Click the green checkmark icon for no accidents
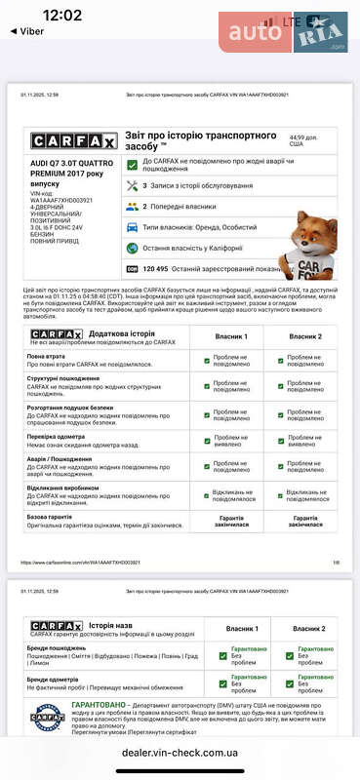pos(132,164)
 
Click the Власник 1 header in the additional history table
pos(231,335)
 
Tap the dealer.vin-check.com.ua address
pos(180,753)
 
